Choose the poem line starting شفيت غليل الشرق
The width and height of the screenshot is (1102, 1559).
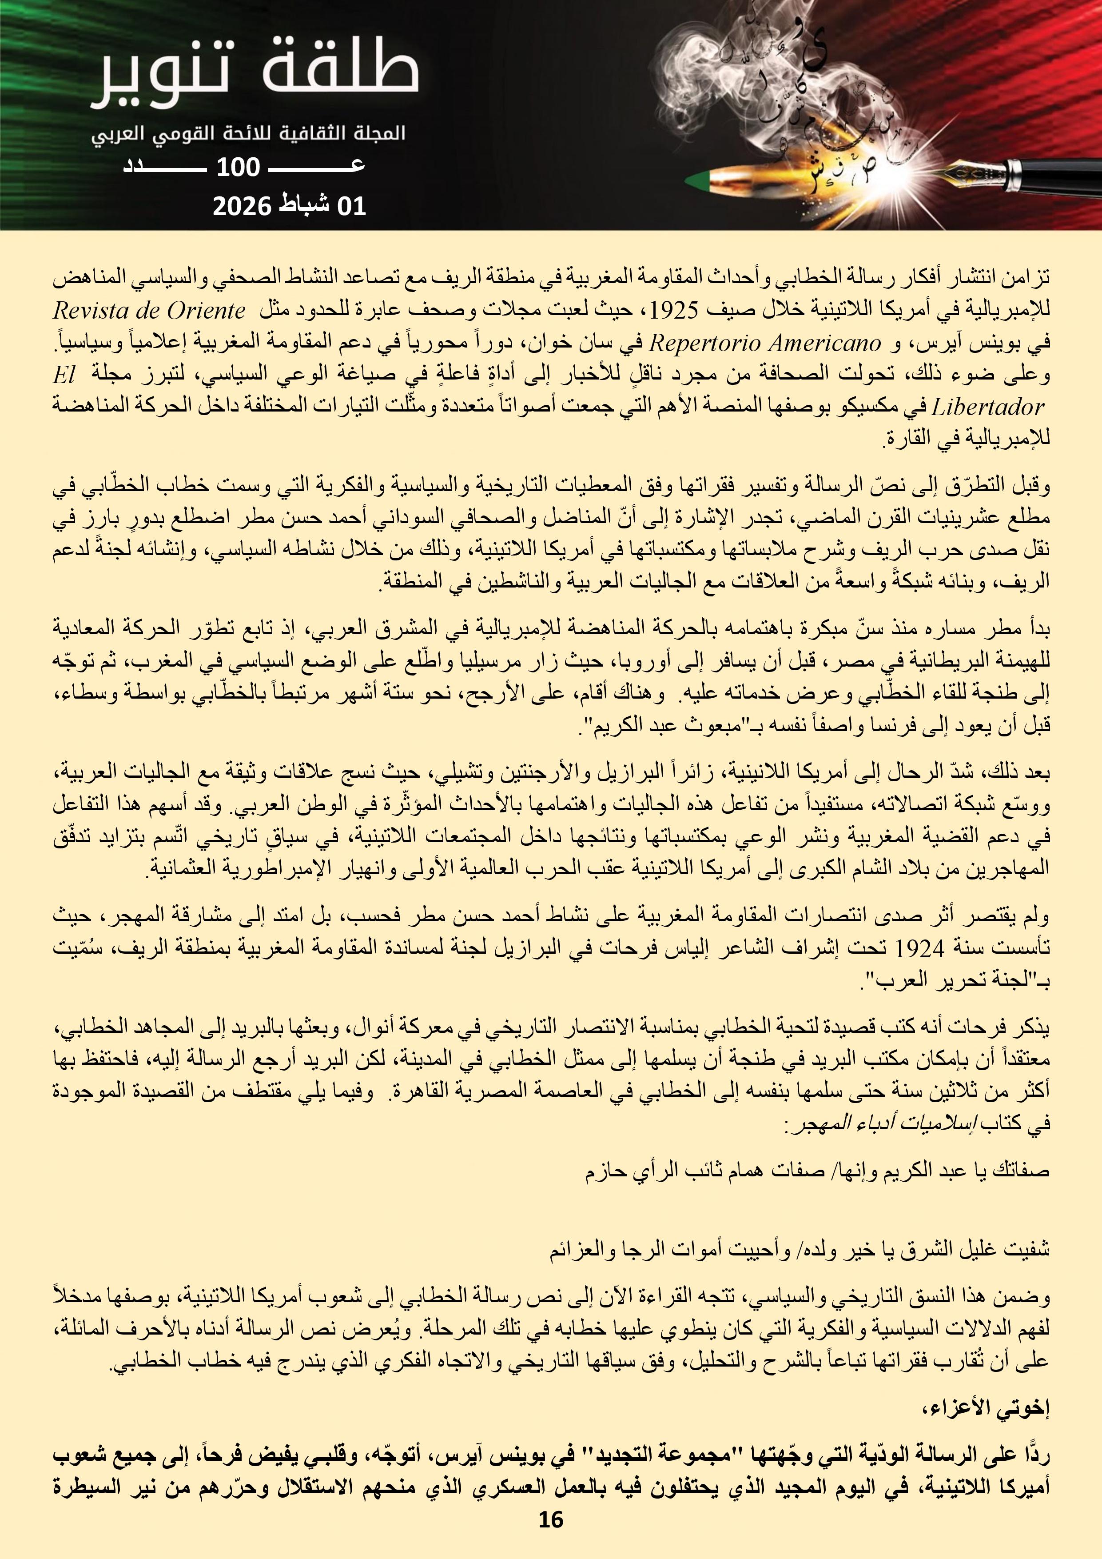tap(801, 1251)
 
